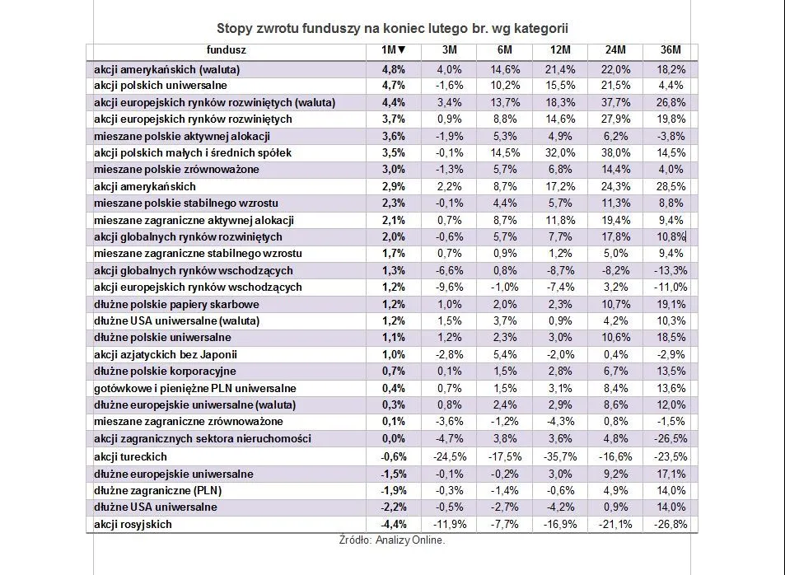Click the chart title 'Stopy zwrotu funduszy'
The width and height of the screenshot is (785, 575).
click(392, 29)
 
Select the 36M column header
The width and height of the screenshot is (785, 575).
click(670, 51)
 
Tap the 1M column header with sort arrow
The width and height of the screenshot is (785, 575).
click(393, 51)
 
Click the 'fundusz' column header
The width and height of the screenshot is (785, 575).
click(227, 51)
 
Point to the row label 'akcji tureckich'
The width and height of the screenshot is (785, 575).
click(130, 456)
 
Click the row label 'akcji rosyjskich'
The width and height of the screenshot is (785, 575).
click(133, 524)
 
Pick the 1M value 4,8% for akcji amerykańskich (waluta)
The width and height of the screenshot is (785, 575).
click(393, 68)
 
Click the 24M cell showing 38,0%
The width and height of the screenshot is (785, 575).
click(616, 152)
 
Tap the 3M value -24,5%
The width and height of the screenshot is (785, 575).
click(449, 456)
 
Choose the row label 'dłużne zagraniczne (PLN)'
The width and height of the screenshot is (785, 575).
click(157, 490)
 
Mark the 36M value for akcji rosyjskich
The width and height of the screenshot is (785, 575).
click(670, 524)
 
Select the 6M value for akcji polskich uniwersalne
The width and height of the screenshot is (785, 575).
click(506, 85)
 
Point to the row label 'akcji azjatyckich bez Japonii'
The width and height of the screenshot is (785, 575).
click(166, 354)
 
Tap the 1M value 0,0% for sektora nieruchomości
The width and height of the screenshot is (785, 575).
click(393, 438)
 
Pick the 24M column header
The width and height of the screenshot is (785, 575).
click(616, 51)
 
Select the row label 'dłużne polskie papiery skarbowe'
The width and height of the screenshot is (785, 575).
click(173, 304)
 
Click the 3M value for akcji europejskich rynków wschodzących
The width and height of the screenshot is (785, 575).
click(449, 287)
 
